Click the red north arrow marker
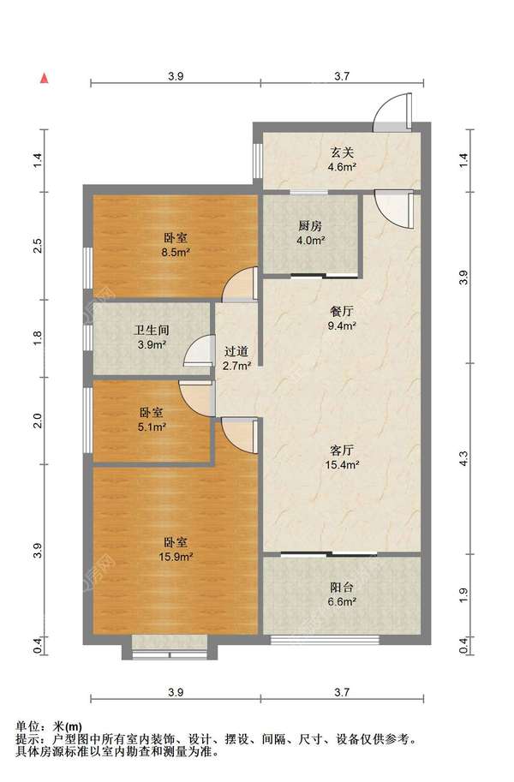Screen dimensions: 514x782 point(45,78)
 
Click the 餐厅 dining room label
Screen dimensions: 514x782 point(342,312)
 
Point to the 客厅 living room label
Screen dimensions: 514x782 point(342,451)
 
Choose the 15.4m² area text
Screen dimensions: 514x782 point(342,465)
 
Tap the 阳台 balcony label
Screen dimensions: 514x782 point(342,588)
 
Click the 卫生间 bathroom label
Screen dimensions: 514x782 point(152,330)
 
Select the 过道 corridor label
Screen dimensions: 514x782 point(236,352)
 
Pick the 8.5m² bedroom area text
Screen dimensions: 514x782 point(176,253)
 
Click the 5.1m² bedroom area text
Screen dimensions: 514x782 point(152,427)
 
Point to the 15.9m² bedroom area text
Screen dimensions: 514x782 point(176,557)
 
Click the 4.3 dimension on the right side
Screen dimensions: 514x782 point(463,458)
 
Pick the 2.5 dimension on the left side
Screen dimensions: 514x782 point(38,246)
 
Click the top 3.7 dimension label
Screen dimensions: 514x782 point(342,76)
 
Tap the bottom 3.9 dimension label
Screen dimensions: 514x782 point(176,692)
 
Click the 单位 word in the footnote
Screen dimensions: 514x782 point(27,727)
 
